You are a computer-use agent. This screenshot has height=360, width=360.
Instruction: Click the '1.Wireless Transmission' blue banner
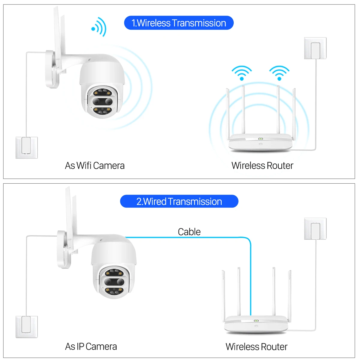179,23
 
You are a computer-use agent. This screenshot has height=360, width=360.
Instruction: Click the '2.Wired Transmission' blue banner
179,202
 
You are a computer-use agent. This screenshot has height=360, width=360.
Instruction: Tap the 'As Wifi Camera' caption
95,166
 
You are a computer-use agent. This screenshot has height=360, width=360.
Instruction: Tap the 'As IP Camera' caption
91,346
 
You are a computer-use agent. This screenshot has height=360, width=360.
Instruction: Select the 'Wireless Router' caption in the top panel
262,166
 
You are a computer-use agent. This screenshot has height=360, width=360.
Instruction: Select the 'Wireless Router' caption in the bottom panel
256,346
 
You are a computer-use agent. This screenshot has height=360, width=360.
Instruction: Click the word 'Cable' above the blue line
189,232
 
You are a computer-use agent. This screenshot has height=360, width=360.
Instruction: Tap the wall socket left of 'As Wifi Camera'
27,148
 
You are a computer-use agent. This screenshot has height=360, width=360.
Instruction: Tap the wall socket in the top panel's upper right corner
315,48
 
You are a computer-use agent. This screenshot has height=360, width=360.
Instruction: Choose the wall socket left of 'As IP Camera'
27,327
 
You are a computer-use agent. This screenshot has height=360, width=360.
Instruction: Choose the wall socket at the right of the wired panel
315,229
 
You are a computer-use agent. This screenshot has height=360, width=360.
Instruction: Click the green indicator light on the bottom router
256,321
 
